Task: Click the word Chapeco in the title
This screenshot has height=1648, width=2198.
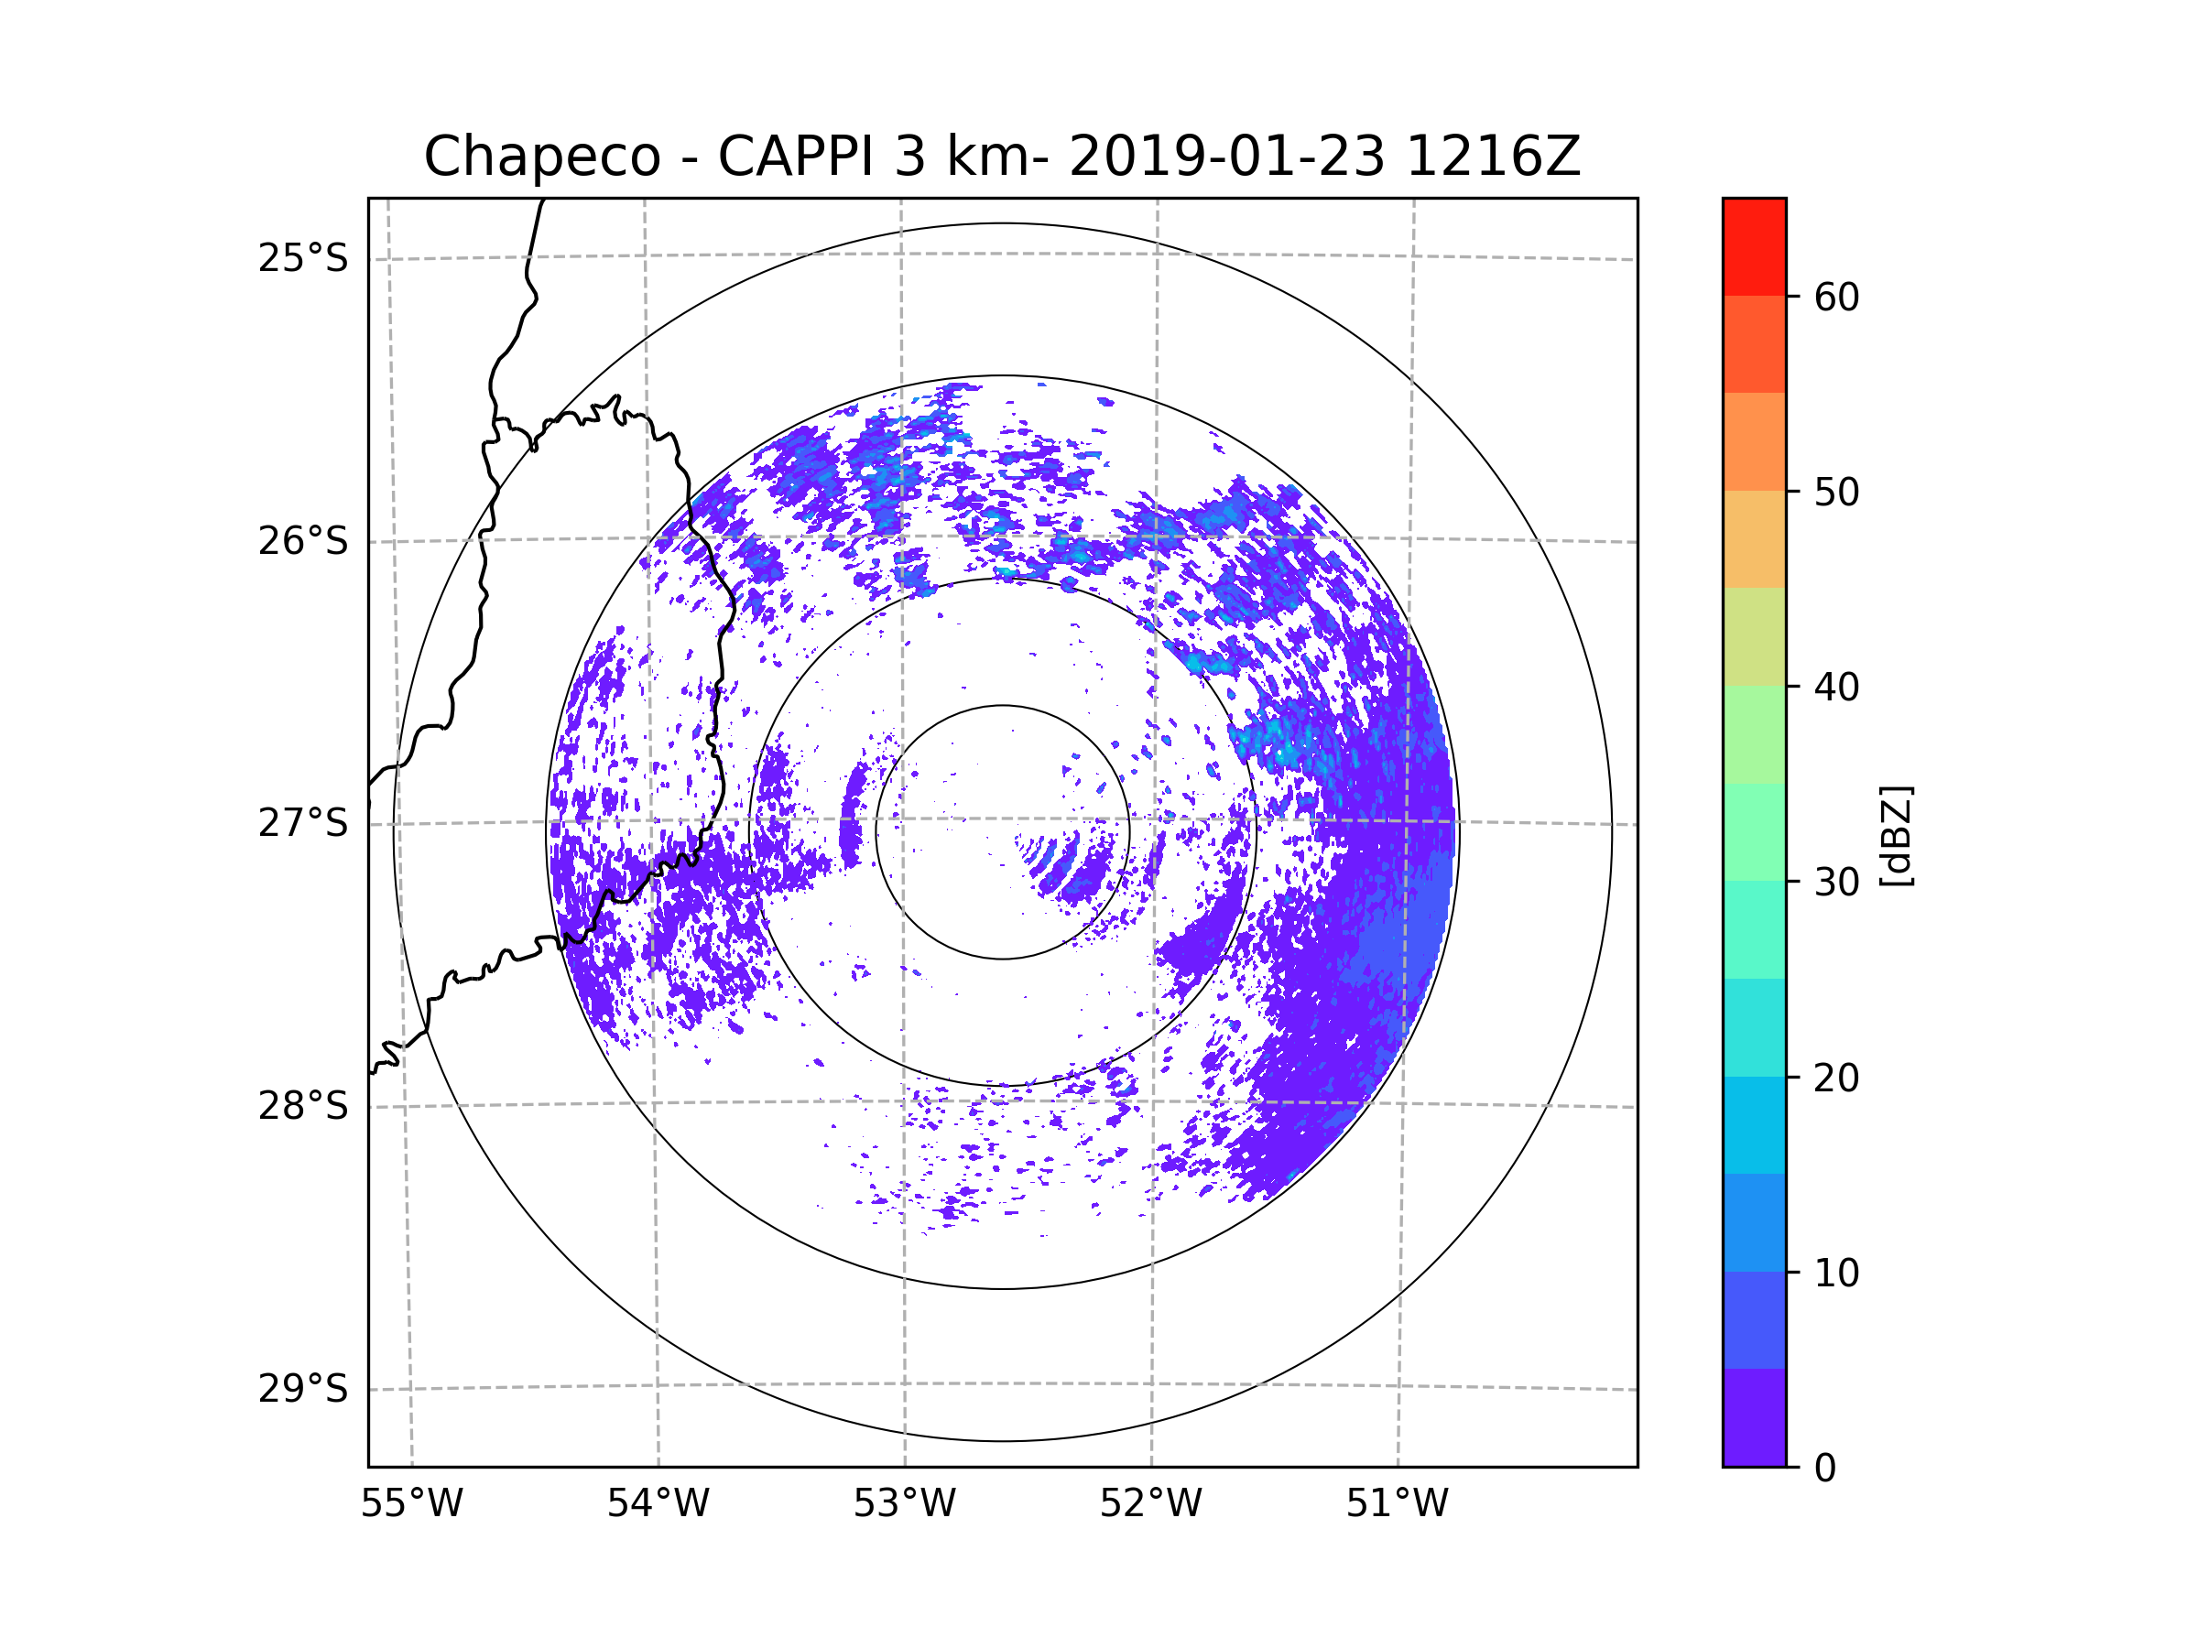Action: point(541,157)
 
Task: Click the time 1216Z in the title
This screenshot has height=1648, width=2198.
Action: point(1493,157)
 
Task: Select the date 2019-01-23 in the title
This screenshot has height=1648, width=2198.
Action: point(1226,157)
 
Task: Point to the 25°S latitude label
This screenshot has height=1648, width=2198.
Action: point(303,258)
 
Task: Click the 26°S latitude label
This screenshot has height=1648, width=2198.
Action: point(303,541)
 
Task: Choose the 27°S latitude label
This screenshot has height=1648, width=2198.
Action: point(303,823)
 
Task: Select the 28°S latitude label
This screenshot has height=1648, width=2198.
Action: point(303,1106)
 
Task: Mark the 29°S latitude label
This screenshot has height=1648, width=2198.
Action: point(303,1389)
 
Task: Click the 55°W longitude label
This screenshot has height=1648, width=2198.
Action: point(411,1504)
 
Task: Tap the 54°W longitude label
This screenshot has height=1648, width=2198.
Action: point(658,1504)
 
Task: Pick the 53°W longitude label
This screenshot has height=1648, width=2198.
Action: point(904,1504)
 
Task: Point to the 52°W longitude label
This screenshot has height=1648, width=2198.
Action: point(1150,1504)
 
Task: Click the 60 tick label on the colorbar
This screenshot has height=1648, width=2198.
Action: point(1836,297)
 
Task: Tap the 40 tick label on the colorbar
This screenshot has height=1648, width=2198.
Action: point(1836,688)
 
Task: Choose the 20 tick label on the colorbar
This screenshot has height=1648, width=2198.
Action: point(1836,1078)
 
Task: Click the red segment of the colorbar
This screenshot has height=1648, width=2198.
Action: point(1754,246)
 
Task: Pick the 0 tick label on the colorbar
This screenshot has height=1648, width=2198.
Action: point(1825,1469)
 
